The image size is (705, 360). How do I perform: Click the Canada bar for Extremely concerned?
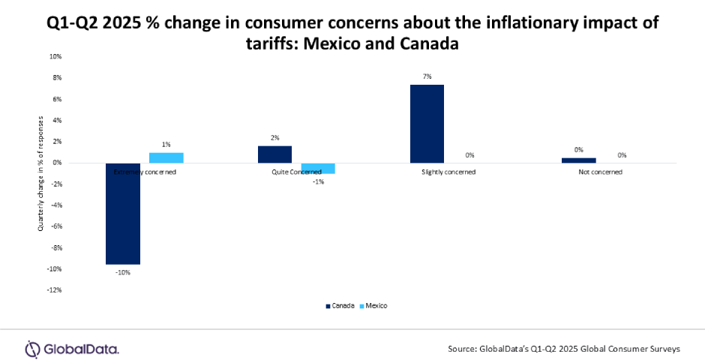(123, 214)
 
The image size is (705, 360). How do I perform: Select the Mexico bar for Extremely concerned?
(166, 157)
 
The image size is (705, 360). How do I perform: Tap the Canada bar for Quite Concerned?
(275, 154)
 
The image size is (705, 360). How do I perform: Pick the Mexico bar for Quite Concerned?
(318, 168)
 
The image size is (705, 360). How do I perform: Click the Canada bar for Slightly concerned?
(427, 124)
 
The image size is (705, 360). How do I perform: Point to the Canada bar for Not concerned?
(578, 160)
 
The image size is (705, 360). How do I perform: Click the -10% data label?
(123, 272)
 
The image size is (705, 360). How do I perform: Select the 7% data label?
(427, 76)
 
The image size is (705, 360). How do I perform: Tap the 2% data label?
(275, 137)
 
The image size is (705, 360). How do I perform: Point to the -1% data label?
(319, 181)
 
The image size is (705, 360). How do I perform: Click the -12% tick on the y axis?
(55, 290)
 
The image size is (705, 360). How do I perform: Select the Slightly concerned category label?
(448, 172)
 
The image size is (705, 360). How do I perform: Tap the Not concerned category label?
(600, 172)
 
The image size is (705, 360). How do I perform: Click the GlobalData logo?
(72, 349)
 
